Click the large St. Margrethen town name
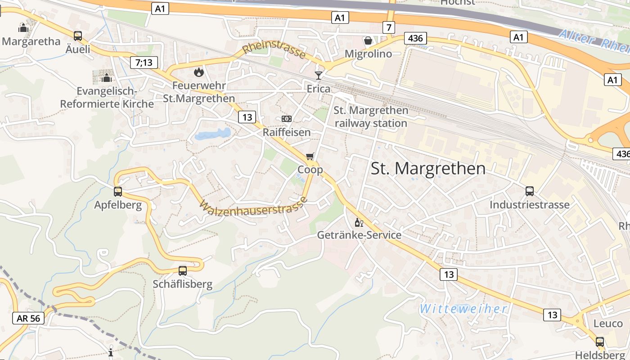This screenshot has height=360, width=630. (428, 168)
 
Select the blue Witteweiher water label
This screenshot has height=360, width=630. (463, 309)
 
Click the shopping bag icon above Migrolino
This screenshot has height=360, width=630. (368, 41)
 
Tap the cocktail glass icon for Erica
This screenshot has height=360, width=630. (319, 75)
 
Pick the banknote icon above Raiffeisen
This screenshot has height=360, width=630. (287, 119)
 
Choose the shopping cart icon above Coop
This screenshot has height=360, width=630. (310, 157)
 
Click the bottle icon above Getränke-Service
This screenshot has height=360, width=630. (359, 222)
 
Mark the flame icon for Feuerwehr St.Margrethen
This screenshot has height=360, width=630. (198, 72)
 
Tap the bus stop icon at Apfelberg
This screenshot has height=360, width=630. (118, 192)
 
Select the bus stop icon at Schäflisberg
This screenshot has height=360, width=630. (182, 271)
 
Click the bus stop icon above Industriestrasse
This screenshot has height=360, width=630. (530, 191)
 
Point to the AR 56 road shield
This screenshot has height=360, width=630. (28, 318)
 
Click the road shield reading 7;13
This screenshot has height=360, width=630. (144, 63)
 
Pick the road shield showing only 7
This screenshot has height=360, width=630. (389, 27)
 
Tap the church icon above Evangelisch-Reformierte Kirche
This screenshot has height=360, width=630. (107, 78)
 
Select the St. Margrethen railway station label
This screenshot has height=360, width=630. (371, 117)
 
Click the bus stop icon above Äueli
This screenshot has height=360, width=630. (78, 36)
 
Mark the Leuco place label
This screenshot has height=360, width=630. (608, 324)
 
